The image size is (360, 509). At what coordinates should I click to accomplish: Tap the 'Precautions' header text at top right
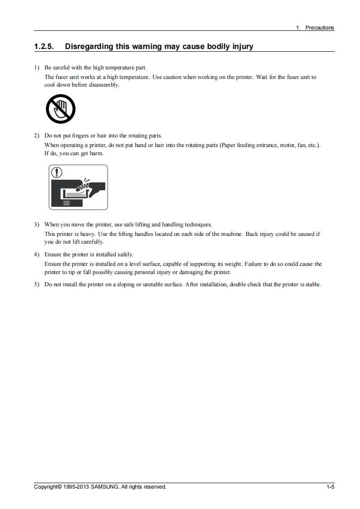(319, 28)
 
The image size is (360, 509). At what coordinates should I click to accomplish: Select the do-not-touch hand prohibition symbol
(60, 109)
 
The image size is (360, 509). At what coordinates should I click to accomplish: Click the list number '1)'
(37, 68)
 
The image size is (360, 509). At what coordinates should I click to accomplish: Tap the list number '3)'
(37, 225)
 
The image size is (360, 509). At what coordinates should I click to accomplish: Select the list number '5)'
(37, 284)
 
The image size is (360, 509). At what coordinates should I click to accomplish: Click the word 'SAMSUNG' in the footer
(104, 487)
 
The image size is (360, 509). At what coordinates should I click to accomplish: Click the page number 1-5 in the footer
(330, 487)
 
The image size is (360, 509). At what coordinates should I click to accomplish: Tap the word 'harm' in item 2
(96, 153)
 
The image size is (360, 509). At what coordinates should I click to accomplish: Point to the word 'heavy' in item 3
(78, 234)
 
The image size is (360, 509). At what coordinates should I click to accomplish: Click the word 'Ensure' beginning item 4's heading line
(53, 254)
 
